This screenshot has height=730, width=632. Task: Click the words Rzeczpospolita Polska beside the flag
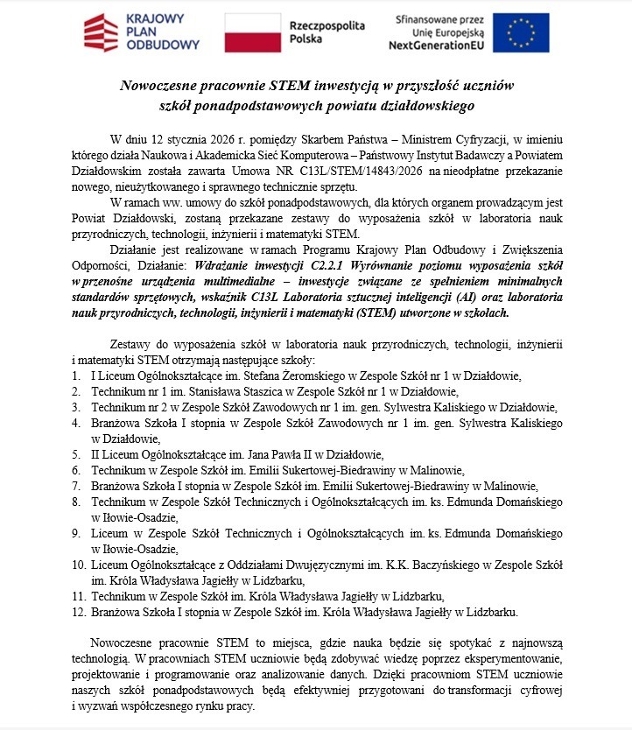click(327, 32)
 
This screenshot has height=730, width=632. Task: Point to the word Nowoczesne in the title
click(164, 87)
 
